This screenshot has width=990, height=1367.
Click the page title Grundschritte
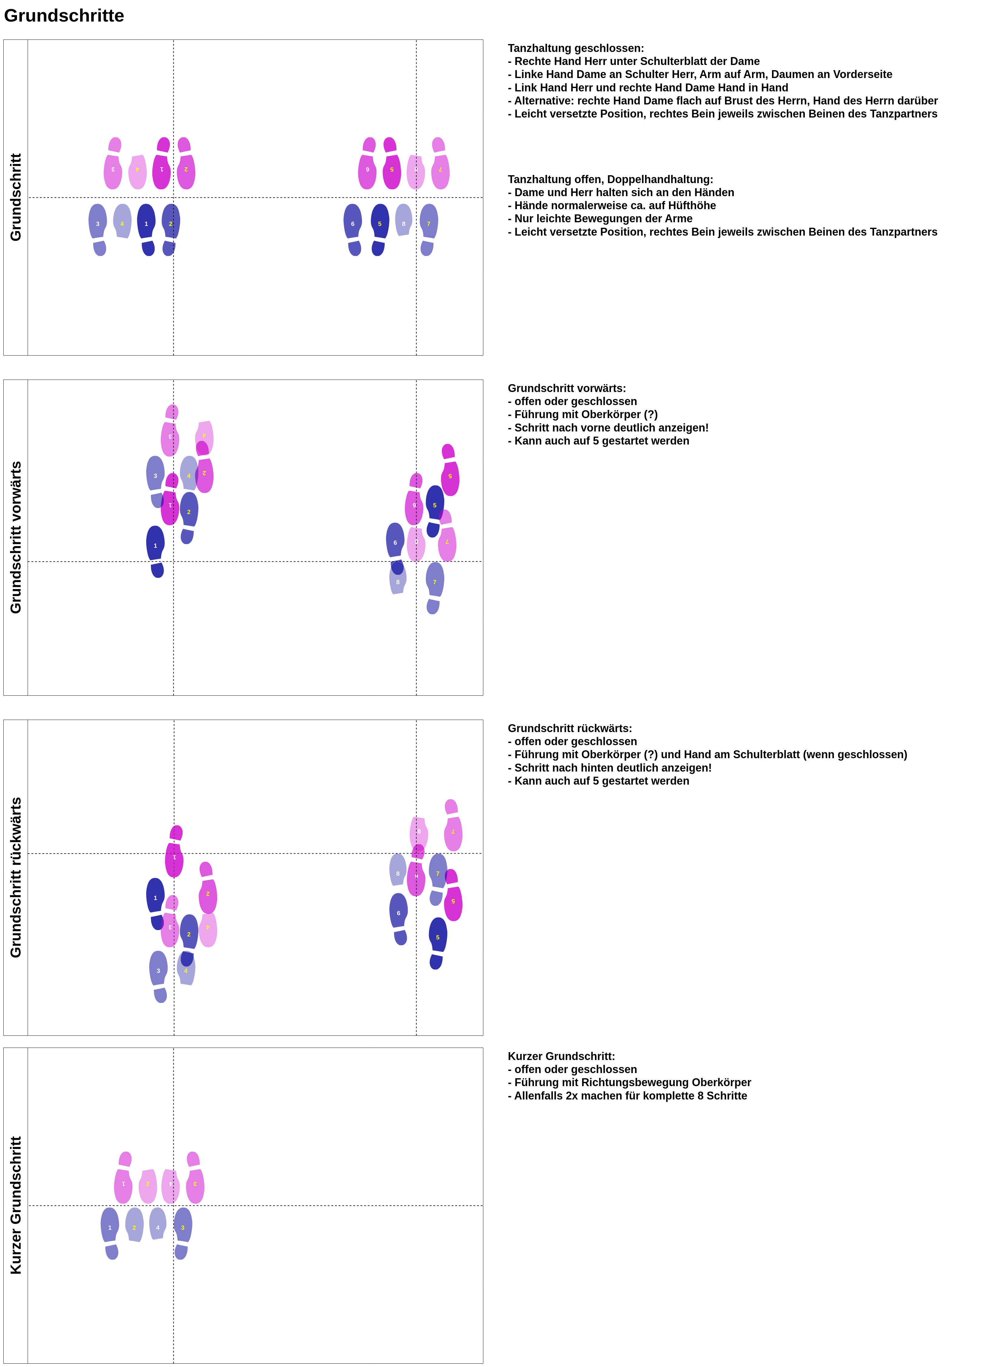64,16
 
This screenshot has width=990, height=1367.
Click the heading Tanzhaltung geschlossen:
575,48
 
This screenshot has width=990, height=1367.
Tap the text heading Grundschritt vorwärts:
566,388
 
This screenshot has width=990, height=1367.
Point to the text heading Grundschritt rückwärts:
570,728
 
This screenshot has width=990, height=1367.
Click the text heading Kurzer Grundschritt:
561,1056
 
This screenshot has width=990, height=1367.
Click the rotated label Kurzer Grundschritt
16,1205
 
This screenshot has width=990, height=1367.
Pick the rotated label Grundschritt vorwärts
16,538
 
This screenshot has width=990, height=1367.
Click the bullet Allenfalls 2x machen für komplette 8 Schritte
630,1096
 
